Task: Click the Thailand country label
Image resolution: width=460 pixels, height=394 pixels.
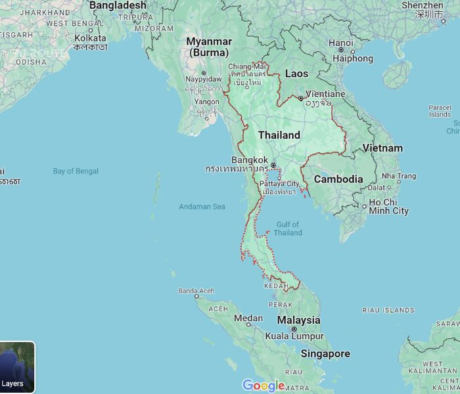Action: pyautogui.click(x=279, y=135)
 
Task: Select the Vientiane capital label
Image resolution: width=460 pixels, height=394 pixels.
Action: pyautogui.click(x=325, y=94)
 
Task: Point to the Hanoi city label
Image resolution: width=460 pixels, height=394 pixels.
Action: pyautogui.click(x=340, y=43)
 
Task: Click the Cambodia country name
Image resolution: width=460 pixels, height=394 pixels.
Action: pyautogui.click(x=338, y=179)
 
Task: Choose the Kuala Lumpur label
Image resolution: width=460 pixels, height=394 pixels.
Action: pyautogui.click(x=294, y=336)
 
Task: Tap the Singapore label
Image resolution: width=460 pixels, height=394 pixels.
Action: pyautogui.click(x=325, y=353)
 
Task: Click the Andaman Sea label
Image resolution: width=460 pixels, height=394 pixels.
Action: pyautogui.click(x=202, y=207)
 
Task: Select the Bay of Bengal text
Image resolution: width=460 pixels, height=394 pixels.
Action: pyautogui.click(x=76, y=171)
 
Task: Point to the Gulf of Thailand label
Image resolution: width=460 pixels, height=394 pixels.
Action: pyautogui.click(x=288, y=229)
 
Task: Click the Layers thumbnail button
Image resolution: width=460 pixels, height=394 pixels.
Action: pyautogui.click(x=17, y=367)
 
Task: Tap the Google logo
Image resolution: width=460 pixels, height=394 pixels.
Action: pyautogui.click(x=264, y=385)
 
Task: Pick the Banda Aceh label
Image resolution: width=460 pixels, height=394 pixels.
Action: pyautogui.click(x=196, y=291)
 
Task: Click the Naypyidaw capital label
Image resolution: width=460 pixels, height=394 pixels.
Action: pyautogui.click(x=204, y=79)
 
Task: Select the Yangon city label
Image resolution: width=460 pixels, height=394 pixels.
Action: pyautogui.click(x=207, y=102)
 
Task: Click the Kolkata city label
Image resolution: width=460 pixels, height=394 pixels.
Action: pyautogui.click(x=90, y=38)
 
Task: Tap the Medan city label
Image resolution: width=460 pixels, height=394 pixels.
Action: pyautogui.click(x=248, y=318)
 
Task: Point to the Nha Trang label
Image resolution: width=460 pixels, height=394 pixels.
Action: pyautogui.click(x=399, y=176)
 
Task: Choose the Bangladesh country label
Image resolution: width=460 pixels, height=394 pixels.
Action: pyautogui.click(x=118, y=5)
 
